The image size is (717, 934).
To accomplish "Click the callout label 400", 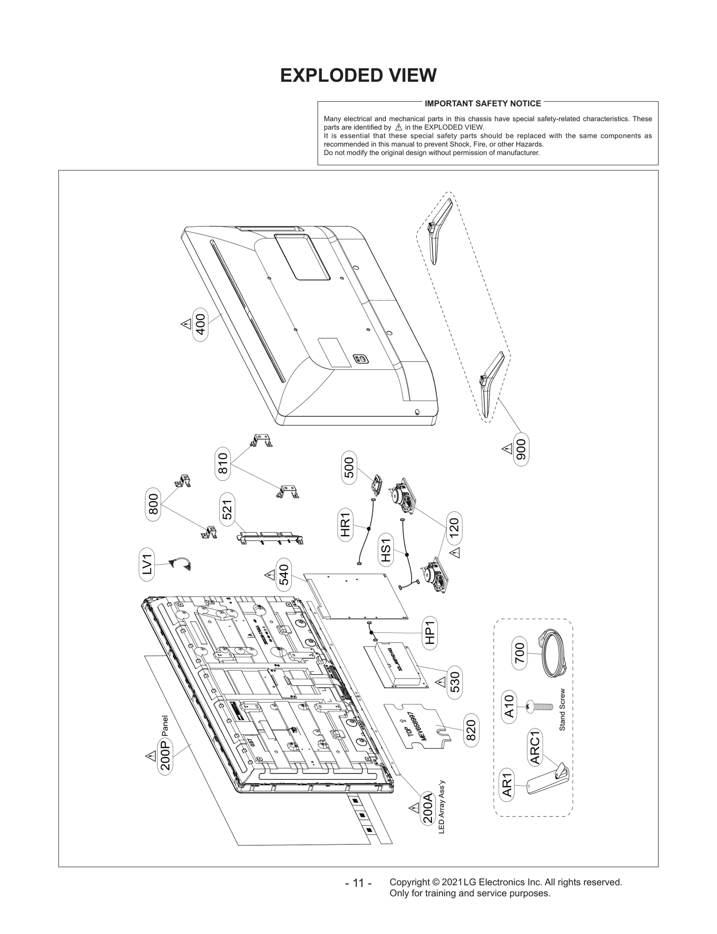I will pyautogui.click(x=200, y=324).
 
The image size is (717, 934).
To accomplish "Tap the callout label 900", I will pyautogui.click(x=521, y=449).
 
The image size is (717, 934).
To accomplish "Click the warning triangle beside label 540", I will pyautogui.click(x=269, y=574).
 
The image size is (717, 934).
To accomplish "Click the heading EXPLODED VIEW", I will pyautogui.click(x=358, y=75).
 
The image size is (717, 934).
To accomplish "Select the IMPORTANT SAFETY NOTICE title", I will pyautogui.click(x=483, y=104).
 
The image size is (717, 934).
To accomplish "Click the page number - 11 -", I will pyautogui.click(x=358, y=883).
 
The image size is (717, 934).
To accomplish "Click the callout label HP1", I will pyautogui.click(x=430, y=632).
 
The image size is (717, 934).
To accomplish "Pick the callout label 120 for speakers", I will pyautogui.click(x=454, y=528).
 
